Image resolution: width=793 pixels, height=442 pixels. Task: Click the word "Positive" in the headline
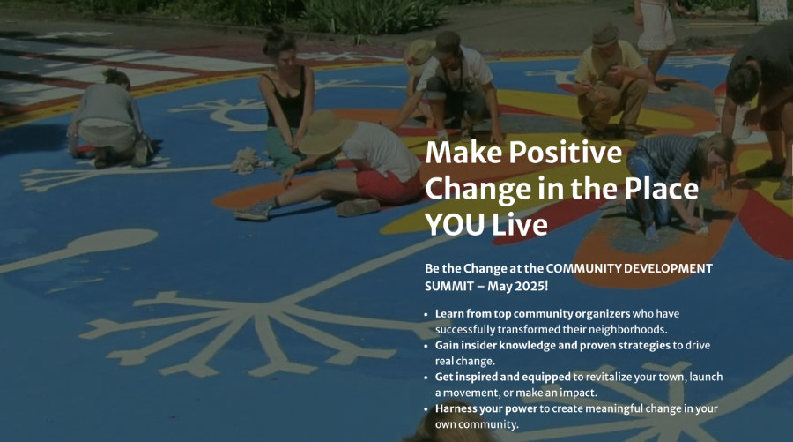(x=566, y=152)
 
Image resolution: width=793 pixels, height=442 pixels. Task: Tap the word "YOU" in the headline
(x=455, y=224)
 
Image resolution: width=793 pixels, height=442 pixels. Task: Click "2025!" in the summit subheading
(x=530, y=286)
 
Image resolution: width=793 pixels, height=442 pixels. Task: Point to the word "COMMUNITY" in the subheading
(x=583, y=268)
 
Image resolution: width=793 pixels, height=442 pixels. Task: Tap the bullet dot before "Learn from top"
(x=426, y=314)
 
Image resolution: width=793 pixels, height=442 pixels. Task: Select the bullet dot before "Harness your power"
(x=426, y=409)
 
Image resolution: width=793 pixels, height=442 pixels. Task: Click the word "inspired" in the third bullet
(x=477, y=378)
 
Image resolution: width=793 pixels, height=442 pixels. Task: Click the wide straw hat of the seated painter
(x=326, y=131)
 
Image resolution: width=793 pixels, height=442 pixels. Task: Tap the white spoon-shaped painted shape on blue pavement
(x=81, y=249)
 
